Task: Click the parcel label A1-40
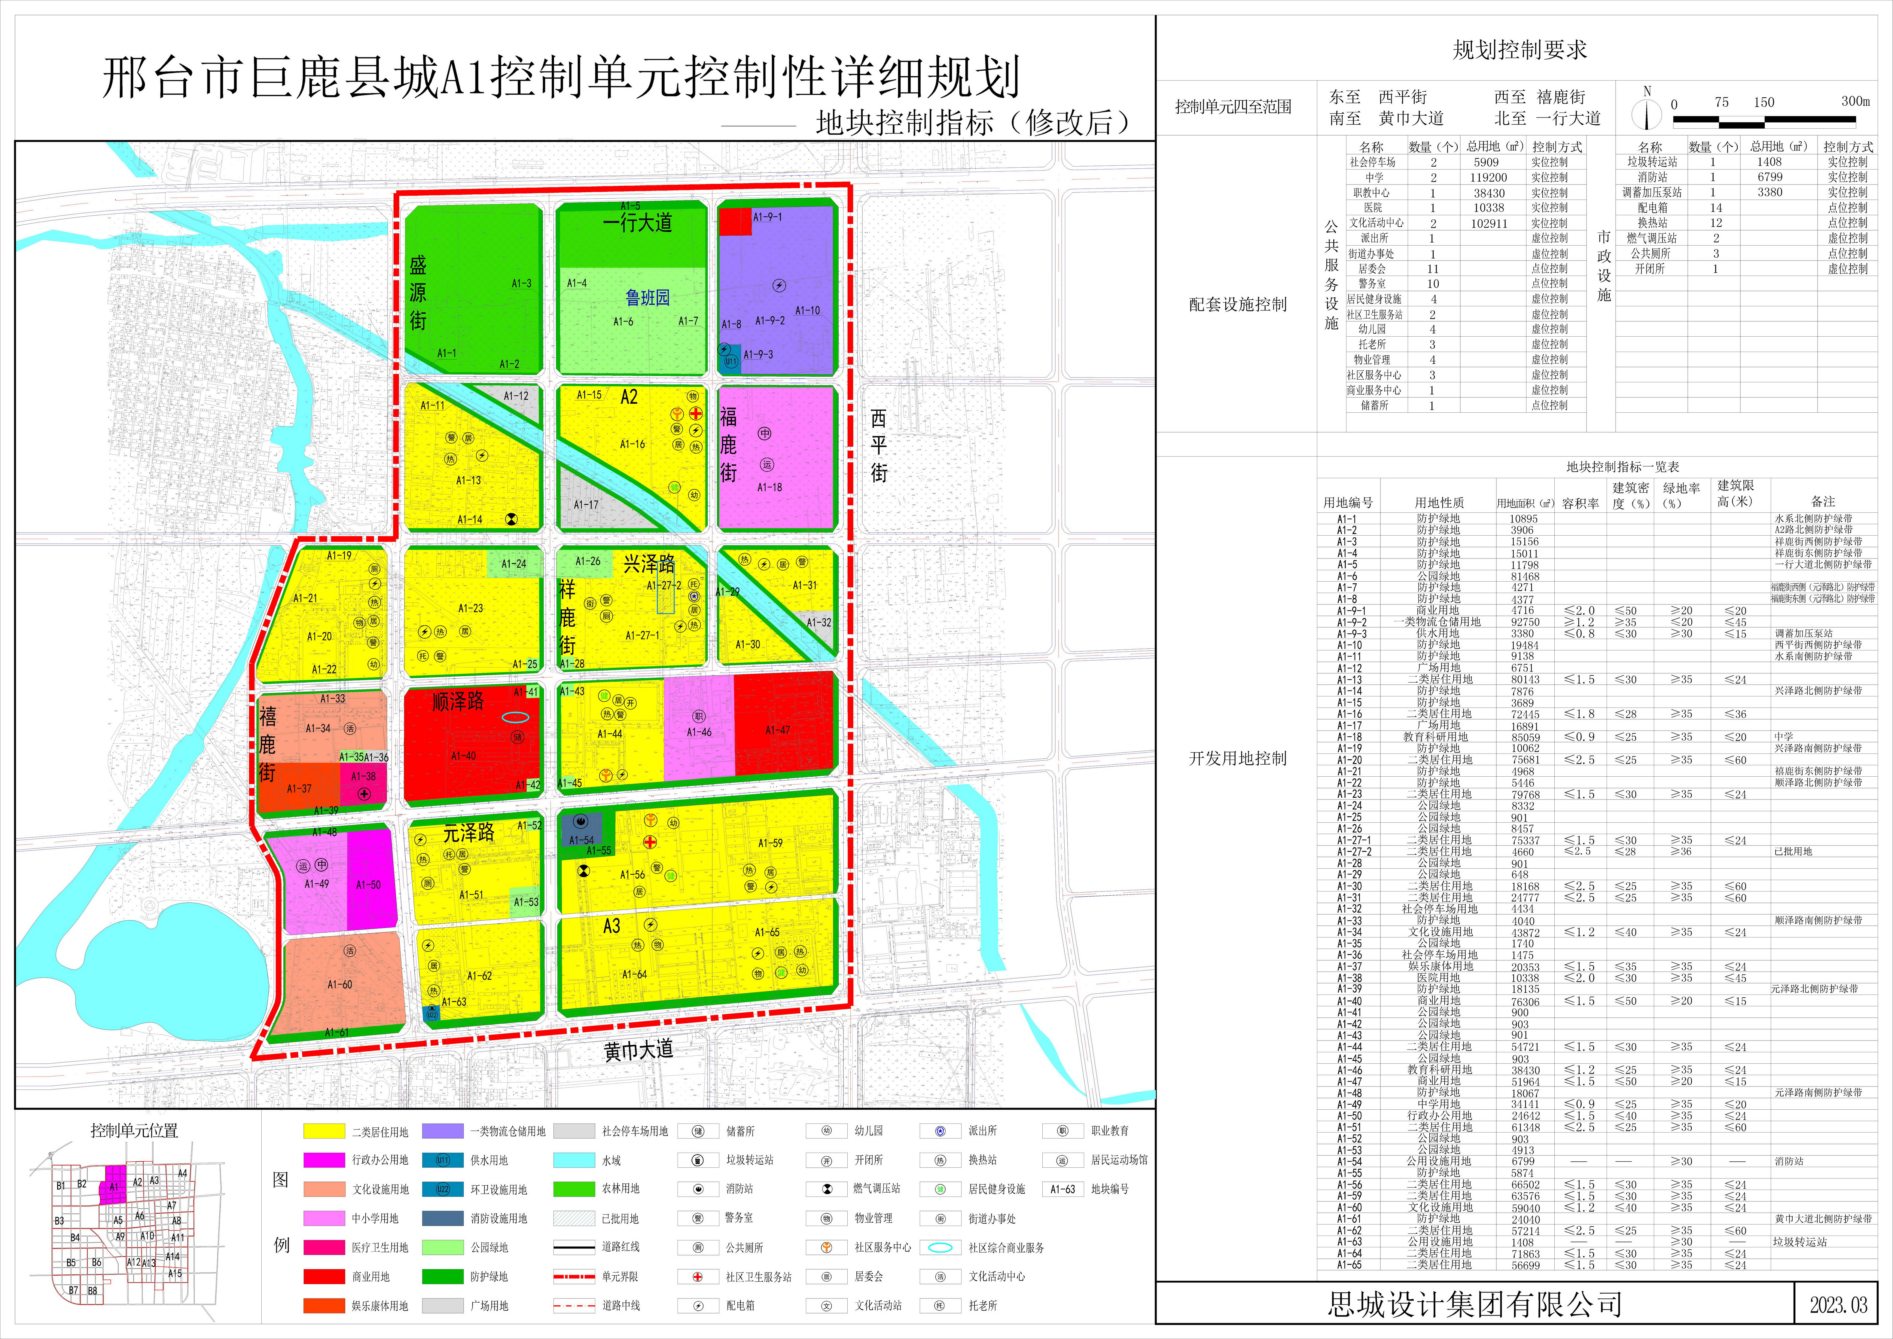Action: [x=463, y=755]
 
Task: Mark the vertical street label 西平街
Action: [x=879, y=445]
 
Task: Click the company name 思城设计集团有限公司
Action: [x=1474, y=1304]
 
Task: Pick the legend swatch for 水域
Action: [x=574, y=1160]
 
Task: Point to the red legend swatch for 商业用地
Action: [x=324, y=1276]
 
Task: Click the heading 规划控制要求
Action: [x=1520, y=50]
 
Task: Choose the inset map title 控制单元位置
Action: [x=134, y=1130]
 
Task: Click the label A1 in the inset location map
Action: [x=114, y=1187]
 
